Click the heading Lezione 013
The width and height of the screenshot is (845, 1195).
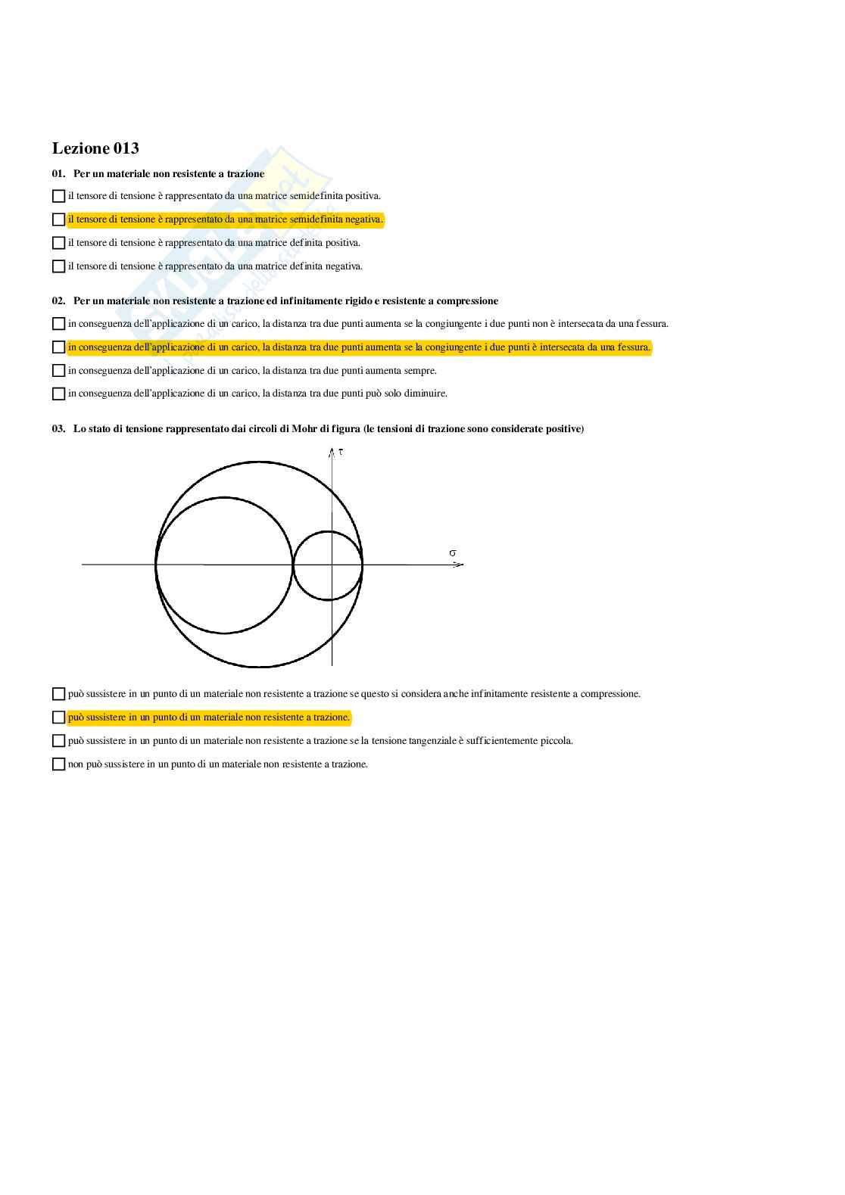click(x=95, y=148)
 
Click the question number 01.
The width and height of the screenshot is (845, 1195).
click(x=58, y=174)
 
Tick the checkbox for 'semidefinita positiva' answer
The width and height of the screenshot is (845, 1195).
click(x=58, y=196)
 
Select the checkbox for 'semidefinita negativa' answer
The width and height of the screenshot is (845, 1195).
click(x=58, y=219)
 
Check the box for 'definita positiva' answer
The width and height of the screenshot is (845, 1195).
click(x=58, y=243)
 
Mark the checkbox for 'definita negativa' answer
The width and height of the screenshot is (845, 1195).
click(x=58, y=266)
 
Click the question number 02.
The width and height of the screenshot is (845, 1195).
click(x=58, y=301)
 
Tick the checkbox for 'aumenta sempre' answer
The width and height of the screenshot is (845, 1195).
click(x=58, y=371)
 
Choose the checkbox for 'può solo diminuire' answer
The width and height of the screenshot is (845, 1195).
click(x=58, y=394)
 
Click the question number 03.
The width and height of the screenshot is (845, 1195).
click(x=58, y=429)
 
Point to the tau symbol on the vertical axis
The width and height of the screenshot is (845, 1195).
click(x=341, y=452)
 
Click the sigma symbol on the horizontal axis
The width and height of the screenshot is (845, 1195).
click(x=453, y=553)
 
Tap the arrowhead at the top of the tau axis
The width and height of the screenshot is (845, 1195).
click(x=332, y=452)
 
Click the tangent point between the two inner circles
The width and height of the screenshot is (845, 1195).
click(x=293, y=565)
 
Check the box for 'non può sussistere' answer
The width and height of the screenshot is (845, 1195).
click(x=58, y=764)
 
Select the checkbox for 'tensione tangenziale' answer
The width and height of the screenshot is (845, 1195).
click(x=58, y=741)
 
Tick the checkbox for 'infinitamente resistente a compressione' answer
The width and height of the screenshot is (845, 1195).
click(x=58, y=694)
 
